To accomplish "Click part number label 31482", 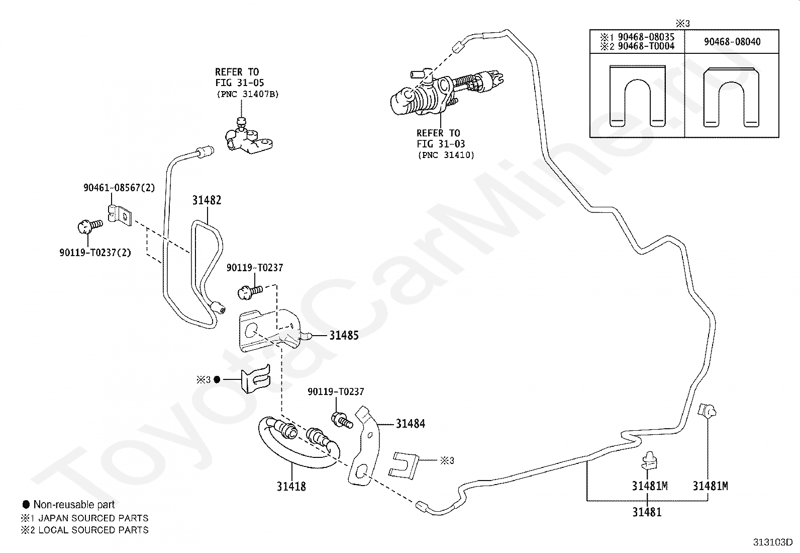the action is pos(207,200).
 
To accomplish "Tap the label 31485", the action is pos(344,336).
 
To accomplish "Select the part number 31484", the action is pos(411,424).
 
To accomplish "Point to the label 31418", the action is pos(291,487).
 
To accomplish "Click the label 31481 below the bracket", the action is pos(647,512).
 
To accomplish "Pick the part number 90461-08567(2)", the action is pos(119,188).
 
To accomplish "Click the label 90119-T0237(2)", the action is pos(95,253).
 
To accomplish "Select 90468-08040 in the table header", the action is pos(732,42).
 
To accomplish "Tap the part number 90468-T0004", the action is pos(646,46).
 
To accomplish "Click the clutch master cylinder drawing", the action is pos(446,92).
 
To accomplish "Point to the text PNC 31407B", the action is pos(248,94).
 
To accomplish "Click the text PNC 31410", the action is pos(446,155).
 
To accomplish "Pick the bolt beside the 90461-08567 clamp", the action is pos(89,226).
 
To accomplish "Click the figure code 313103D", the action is pos(772,542).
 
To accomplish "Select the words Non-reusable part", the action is pos(74,505).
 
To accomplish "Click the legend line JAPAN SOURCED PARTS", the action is pos(93,518).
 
